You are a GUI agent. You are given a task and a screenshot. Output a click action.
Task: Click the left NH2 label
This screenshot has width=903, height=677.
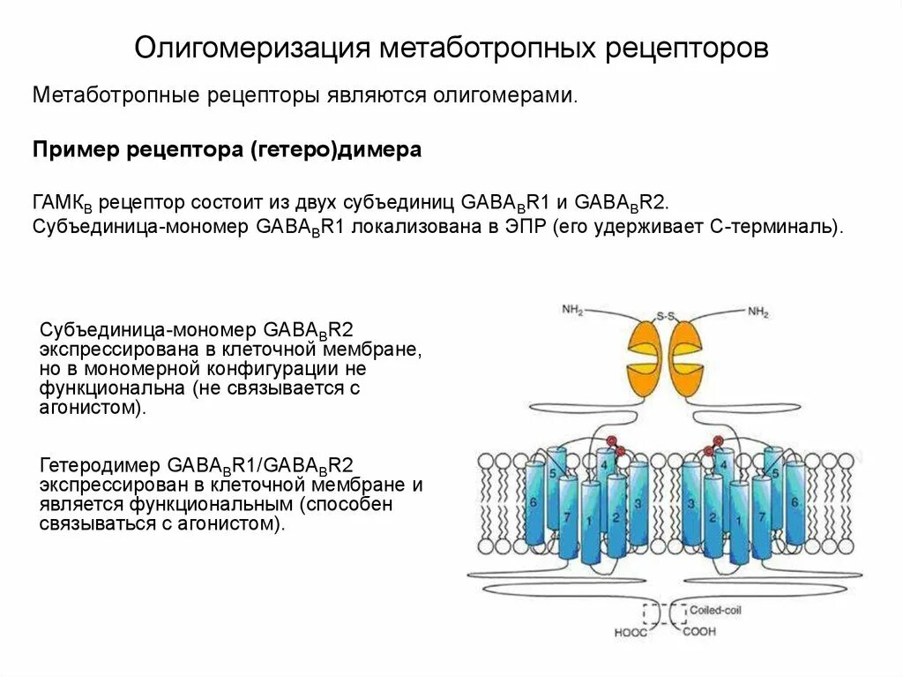(572, 310)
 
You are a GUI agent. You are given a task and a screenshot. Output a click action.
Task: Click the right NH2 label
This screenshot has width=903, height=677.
(758, 311)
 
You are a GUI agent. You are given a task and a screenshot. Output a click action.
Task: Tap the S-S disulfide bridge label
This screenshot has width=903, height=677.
(664, 315)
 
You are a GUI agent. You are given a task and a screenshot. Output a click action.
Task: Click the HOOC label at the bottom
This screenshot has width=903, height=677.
(631, 632)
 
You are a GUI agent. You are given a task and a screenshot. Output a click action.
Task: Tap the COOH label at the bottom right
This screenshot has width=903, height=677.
(698, 632)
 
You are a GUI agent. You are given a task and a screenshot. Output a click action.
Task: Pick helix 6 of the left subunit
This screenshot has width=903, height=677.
(534, 501)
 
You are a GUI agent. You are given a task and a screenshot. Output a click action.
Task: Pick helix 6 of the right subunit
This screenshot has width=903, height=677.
(795, 501)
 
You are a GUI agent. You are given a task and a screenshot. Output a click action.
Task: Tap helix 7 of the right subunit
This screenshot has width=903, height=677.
(761, 516)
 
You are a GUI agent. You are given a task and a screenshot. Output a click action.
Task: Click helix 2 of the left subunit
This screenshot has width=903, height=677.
(616, 516)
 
